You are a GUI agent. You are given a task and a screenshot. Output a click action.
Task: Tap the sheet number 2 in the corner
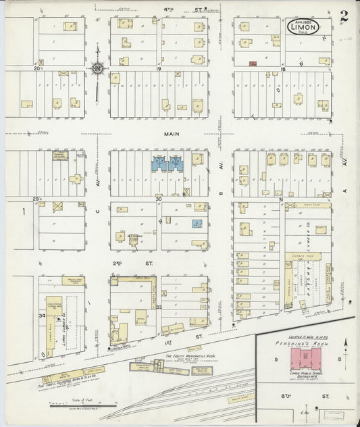click(x=344, y=17)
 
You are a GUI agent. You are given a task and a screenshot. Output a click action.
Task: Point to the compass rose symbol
click(x=98, y=68)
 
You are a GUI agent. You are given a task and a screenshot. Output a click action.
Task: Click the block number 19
click(x=159, y=69)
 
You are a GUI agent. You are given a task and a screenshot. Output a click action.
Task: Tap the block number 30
click(x=159, y=199)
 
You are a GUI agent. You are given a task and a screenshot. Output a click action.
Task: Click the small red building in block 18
click(x=253, y=64)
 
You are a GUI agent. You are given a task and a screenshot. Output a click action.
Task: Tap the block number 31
click(x=280, y=199)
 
